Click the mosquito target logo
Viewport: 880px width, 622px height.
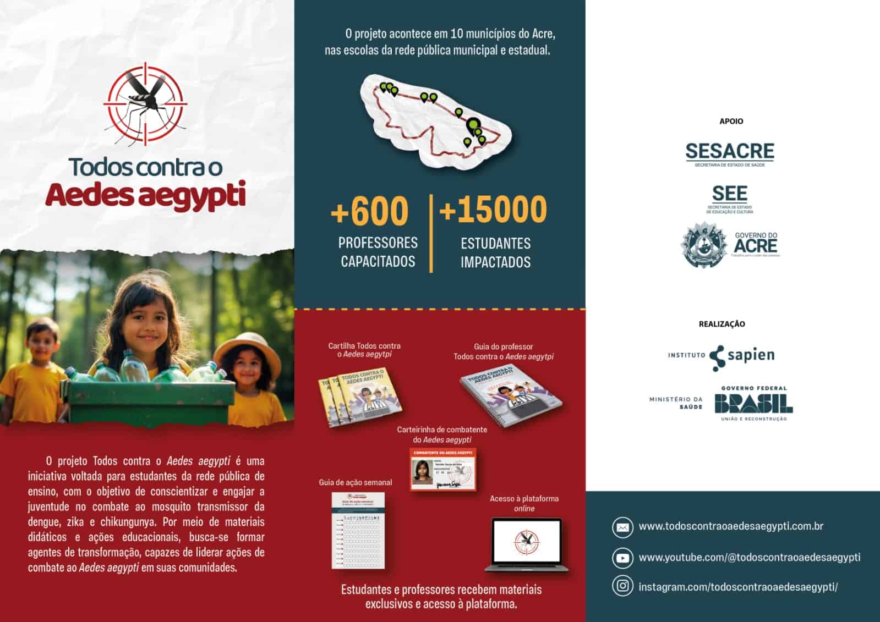click(x=145, y=104)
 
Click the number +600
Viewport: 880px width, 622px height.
click(x=369, y=211)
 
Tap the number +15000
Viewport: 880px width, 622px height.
click(x=493, y=210)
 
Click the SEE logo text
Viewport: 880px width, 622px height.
click(x=730, y=194)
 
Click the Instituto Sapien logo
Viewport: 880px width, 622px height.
click(x=722, y=356)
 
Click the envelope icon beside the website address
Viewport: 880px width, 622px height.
click(x=622, y=527)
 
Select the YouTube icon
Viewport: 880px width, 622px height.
click(x=622, y=558)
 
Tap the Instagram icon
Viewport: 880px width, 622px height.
click(x=622, y=586)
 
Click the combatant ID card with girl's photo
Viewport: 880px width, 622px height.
click(x=443, y=469)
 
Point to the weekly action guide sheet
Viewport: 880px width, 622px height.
click(x=358, y=530)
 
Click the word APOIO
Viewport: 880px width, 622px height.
click(x=731, y=121)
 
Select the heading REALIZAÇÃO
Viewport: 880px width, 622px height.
click(x=722, y=324)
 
